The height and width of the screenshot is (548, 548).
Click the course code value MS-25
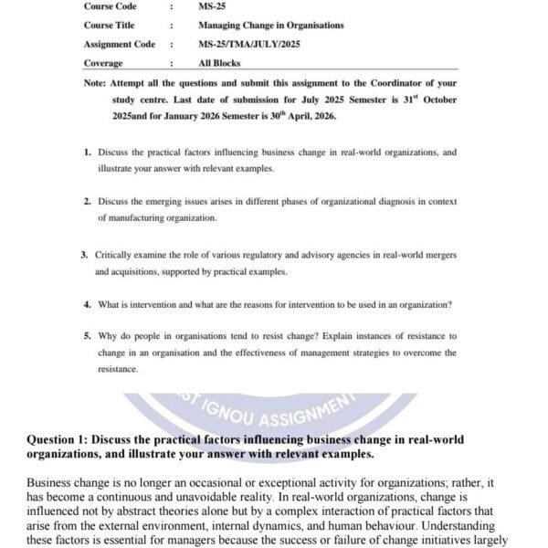tap(212, 6)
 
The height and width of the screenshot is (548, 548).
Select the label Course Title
tap(109, 26)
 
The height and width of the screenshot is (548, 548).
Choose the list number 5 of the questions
tap(87, 336)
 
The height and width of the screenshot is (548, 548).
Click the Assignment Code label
tap(120, 44)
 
